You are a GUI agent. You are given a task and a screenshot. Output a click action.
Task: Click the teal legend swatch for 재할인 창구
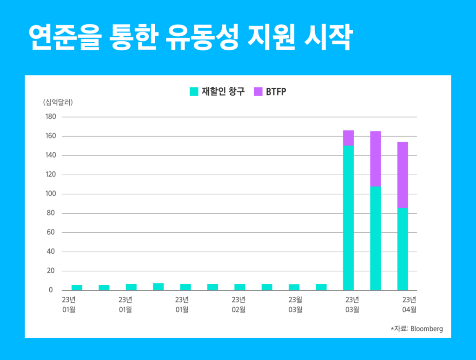point(194,92)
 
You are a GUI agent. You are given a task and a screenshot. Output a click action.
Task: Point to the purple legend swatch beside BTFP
point(258,92)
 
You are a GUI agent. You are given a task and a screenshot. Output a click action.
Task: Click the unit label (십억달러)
point(58,102)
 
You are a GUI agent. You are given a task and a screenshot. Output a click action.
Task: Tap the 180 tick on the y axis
point(50,117)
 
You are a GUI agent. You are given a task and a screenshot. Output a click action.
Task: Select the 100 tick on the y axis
point(50,194)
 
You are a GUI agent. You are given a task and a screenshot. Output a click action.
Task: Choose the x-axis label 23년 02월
point(238,305)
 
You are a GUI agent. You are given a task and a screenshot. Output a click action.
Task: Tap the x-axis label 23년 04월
point(409,305)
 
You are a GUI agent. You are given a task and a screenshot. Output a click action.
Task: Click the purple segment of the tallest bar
point(348,138)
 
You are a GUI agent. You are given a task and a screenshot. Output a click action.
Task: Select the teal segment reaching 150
point(348,218)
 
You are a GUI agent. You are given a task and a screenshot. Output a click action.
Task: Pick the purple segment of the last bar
point(403,175)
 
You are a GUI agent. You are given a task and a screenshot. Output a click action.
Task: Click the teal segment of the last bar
point(403,249)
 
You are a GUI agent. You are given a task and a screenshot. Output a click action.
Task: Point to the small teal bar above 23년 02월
point(240,287)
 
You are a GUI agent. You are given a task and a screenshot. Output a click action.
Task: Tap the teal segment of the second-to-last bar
point(375,238)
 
